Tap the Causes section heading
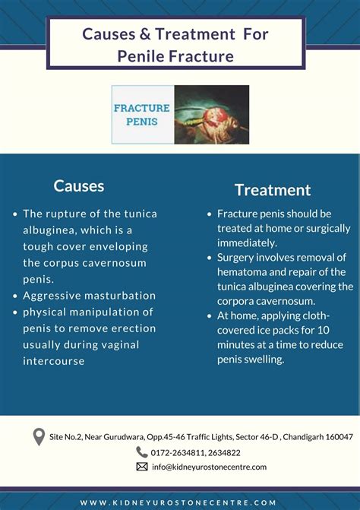79,185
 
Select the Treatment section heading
273,190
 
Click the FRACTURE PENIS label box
142,115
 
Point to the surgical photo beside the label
211,115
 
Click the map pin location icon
39,437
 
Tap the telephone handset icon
141,451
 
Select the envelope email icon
141,467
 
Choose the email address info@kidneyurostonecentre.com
209,467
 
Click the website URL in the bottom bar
179,502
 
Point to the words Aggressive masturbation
89,296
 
